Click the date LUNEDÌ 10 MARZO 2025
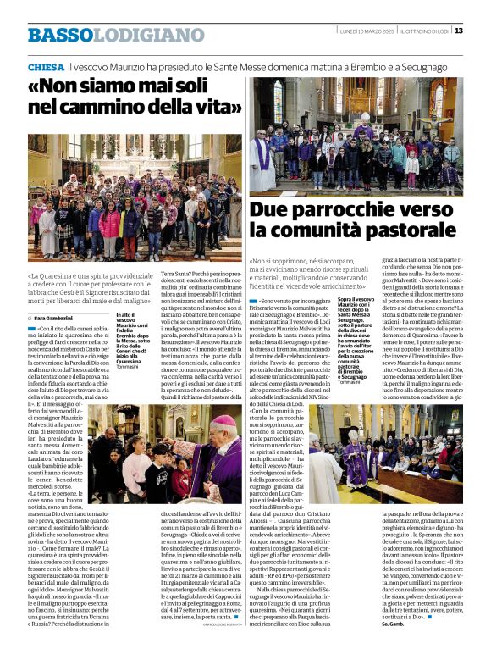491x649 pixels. click(362, 31)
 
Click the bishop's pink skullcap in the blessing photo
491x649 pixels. click(221, 420)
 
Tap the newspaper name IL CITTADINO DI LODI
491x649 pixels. click(422, 31)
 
